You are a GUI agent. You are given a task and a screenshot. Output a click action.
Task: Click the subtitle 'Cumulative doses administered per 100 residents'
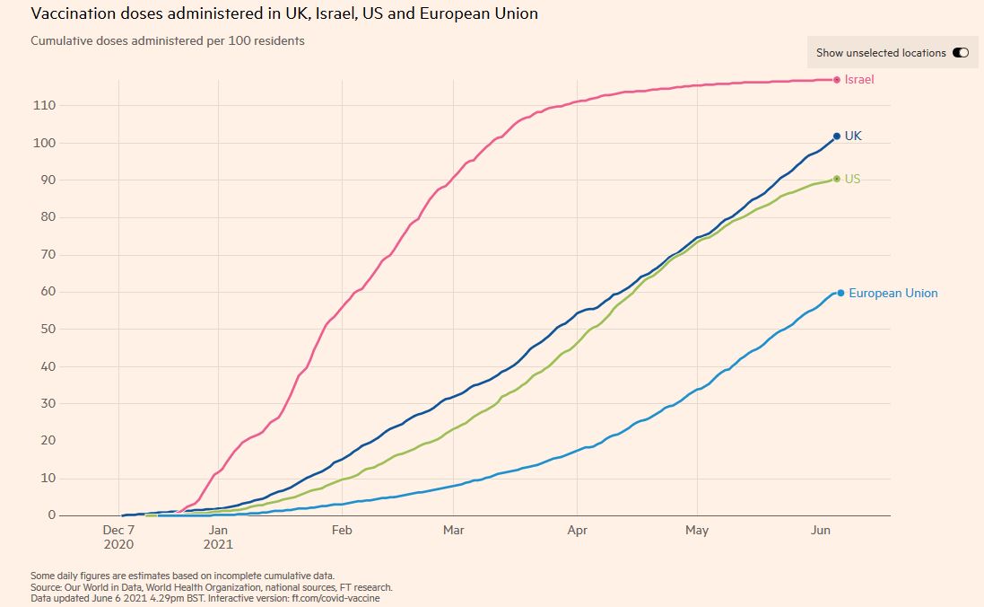click(x=168, y=41)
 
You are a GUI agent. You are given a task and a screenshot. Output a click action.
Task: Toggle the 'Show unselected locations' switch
click(x=961, y=53)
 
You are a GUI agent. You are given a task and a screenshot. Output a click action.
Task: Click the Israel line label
click(x=859, y=80)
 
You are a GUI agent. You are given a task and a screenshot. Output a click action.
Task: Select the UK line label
click(x=853, y=136)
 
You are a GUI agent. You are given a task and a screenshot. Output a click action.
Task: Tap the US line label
click(x=852, y=179)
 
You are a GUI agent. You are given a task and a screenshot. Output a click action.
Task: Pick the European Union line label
click(x=893, y=293)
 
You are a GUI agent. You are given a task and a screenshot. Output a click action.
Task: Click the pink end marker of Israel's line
click(x=837, y=80)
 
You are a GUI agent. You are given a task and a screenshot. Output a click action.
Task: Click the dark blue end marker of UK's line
click(x=837, y=136)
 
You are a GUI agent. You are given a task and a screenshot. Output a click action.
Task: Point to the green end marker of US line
click(x=837, y=179)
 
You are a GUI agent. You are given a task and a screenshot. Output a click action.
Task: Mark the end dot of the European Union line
click(x=840, y=293)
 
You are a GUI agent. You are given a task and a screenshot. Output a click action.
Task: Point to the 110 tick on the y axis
click(x=45, y=105)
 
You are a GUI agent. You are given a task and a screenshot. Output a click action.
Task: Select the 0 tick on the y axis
click(x=51, y=515)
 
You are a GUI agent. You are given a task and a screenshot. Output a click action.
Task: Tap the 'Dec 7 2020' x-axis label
click(x=119, y=537)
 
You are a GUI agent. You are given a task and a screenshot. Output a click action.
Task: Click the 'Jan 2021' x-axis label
click(x=219, y=537)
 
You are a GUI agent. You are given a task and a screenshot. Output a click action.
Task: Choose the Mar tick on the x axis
click(x=454, y=531)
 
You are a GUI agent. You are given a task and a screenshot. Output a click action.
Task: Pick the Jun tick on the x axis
click(x=820, y=531)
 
